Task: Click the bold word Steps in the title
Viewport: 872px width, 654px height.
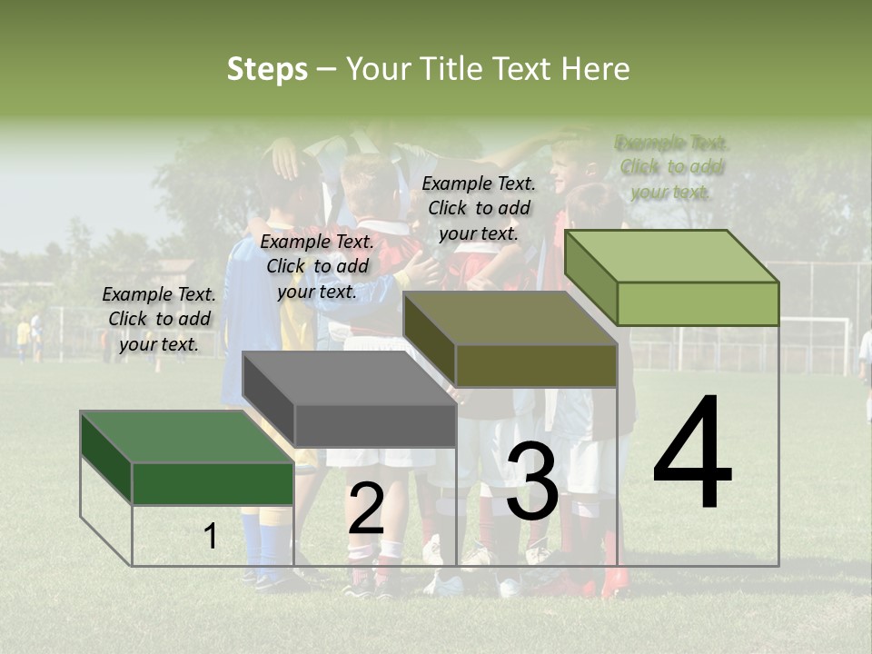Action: (x=267, y=69)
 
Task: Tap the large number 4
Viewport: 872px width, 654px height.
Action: (x=692, y=454)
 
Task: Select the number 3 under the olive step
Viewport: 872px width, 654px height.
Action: (x=532, y=482)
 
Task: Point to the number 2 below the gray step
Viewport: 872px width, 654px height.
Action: (x=366, y=509)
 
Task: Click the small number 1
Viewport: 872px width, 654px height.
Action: (x=211, y=536)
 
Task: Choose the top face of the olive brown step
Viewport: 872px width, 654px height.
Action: (x=509, y=319)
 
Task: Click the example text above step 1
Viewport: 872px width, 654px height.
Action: (x=159, y=319)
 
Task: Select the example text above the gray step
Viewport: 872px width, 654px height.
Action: (x=317, y=266)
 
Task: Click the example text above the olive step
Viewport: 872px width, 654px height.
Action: (x=479, y=208)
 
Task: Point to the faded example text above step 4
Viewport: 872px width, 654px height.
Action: (x=672, y=167)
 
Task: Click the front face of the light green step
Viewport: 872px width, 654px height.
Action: (x=698, y=303)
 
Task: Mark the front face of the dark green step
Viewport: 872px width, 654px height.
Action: (x=213, y=483)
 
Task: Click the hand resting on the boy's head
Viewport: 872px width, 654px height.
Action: (x=285, y=158)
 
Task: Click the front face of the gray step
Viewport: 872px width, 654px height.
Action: (x=374, y=425)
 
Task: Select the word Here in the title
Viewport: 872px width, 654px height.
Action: (x=595, y=69)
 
